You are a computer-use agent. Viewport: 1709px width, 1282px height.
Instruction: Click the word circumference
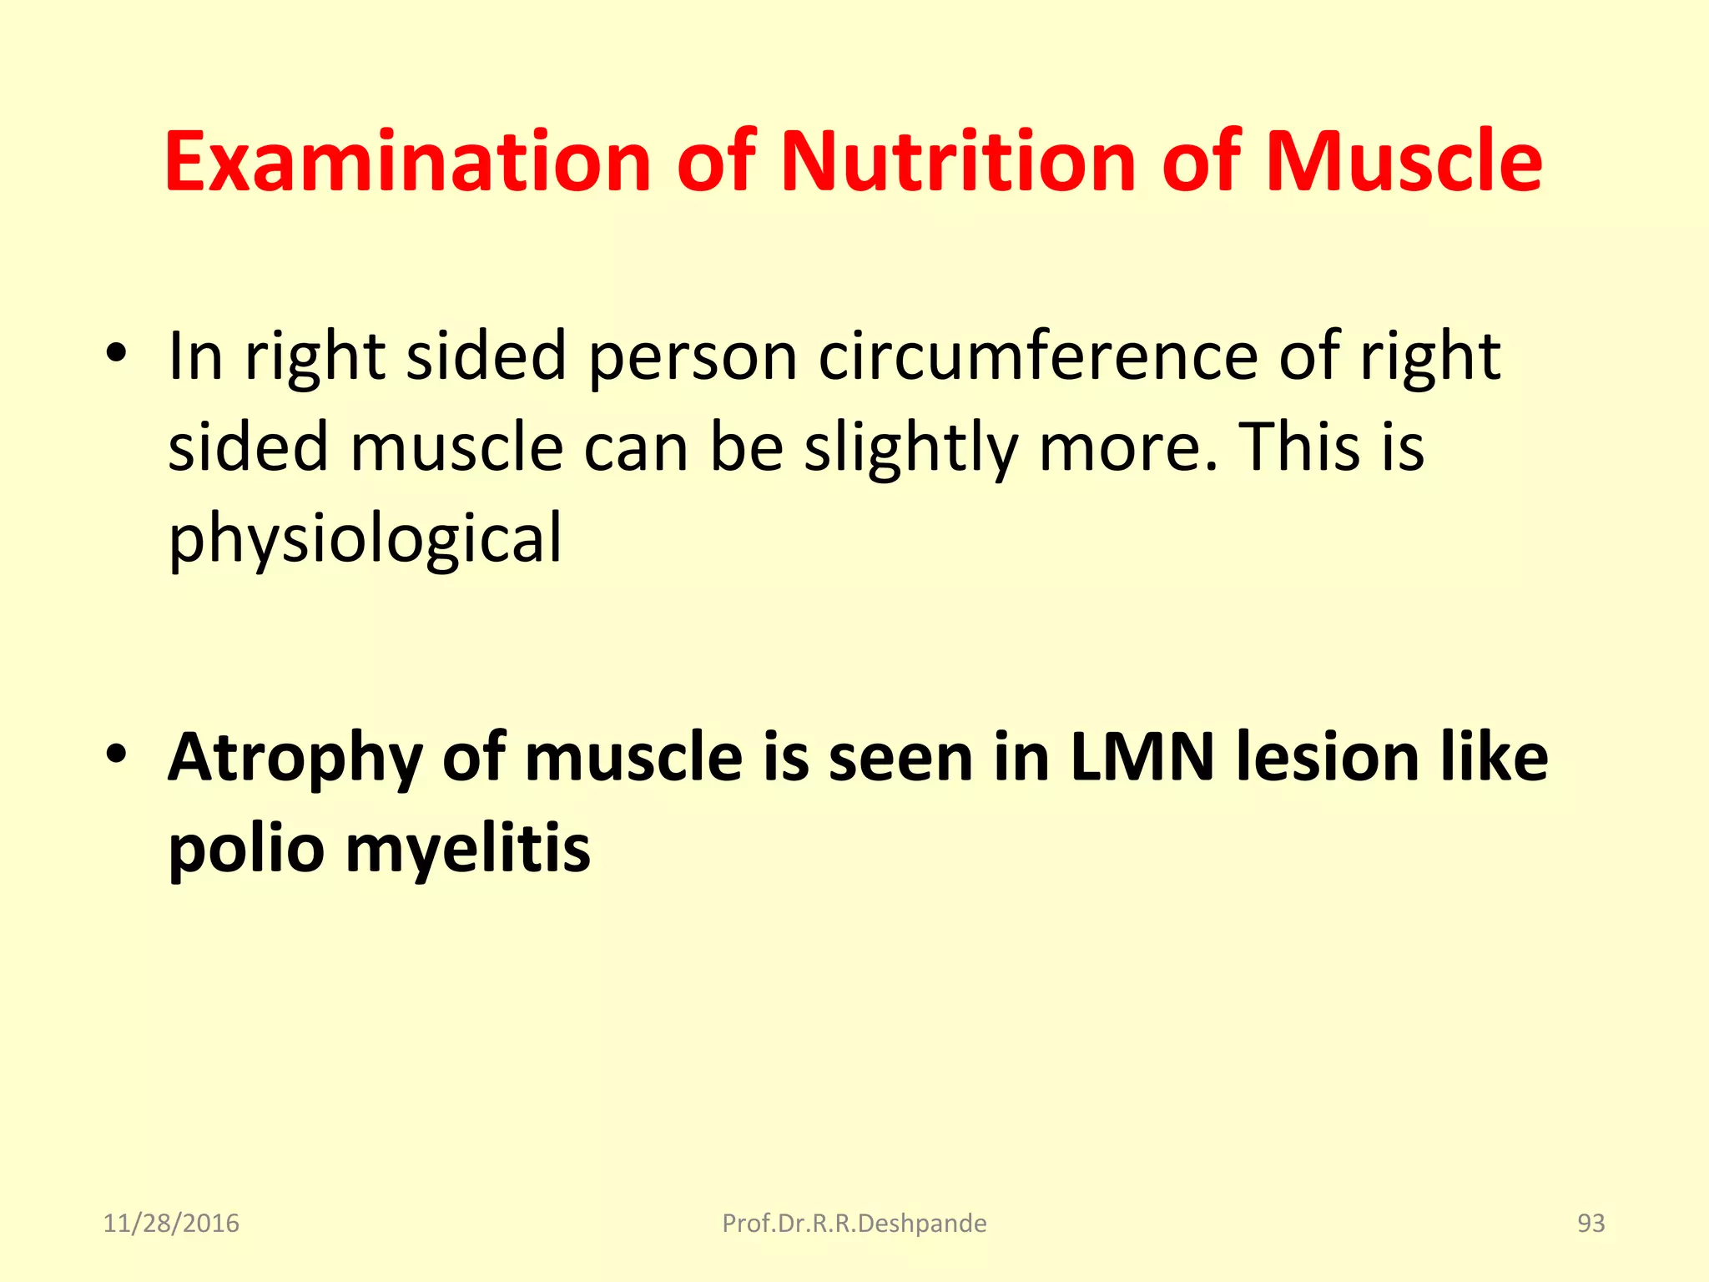tap(1038, 356)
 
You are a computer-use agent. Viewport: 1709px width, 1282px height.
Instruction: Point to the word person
tap(693, 356)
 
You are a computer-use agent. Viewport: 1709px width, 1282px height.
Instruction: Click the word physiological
tap(365, 539)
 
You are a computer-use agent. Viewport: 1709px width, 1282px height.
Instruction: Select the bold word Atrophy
tap(295, 758)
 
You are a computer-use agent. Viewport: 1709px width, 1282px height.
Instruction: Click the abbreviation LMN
tap(1142, 758)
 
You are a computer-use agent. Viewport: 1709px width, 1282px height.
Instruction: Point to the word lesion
tap(1328, 758)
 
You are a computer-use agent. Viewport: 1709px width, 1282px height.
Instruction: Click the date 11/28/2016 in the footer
tap(171, 1224)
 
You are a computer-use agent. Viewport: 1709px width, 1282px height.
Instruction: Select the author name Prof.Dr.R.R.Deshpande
tap(854, 1224)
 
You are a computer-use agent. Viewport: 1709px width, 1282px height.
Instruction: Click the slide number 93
tap(1591, 1224)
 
